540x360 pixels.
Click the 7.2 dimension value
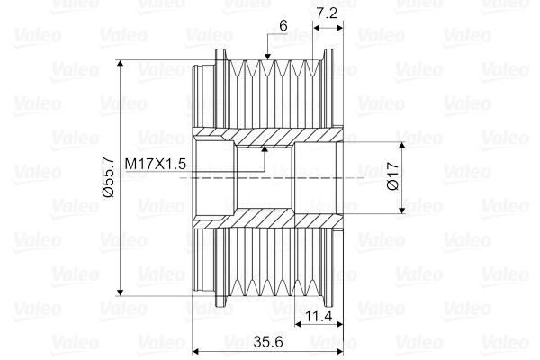[x=327, y=13]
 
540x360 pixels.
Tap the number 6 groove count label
[x=283, y=26]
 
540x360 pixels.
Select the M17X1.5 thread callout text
[x=156, y=164]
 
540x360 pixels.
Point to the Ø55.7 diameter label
[x=108, y=177]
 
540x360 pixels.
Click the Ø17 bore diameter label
[x=392, y=176]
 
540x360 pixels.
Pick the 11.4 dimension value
[x=319, y=316]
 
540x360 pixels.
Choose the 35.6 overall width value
[x=268, y=342]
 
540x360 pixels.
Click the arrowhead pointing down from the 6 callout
[x=267, y=56]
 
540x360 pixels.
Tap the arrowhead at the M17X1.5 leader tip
[x=265, y=148]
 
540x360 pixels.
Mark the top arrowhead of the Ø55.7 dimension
[x=120, y=63]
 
